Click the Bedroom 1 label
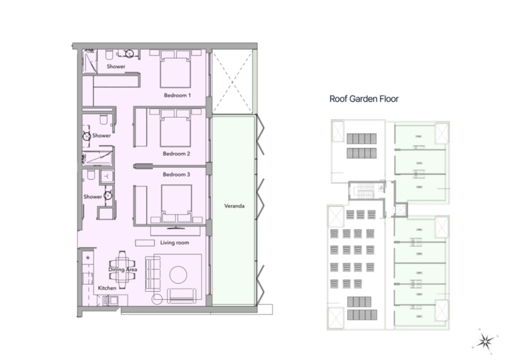(x=178, y=96)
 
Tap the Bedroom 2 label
(x=177, y=154)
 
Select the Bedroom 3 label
(x=177, y=174)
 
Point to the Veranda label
(x=234, y=206)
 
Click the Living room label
(x=174, y=242)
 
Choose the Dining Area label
(x=123, y=269)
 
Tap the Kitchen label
(x=107, y=288)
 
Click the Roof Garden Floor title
(x=364, y=99)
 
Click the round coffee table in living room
(x=179, y=274)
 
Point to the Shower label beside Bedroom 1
(x=116, y=67)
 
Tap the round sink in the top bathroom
(x=130, y=54)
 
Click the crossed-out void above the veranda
(x=231, y=79)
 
